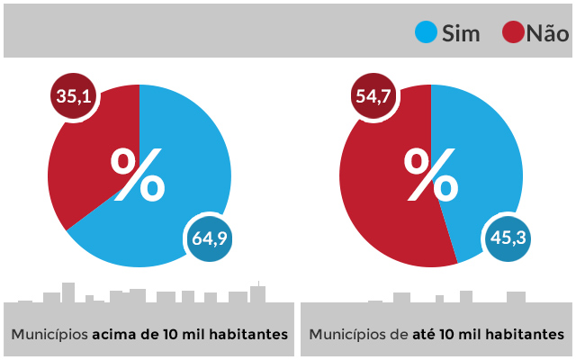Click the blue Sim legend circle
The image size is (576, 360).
point(426,33)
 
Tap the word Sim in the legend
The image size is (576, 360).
point(461,34)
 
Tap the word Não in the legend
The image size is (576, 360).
point(547,34)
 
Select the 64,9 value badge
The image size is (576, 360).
point(210,238)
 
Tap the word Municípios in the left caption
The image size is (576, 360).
point(49,334)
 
